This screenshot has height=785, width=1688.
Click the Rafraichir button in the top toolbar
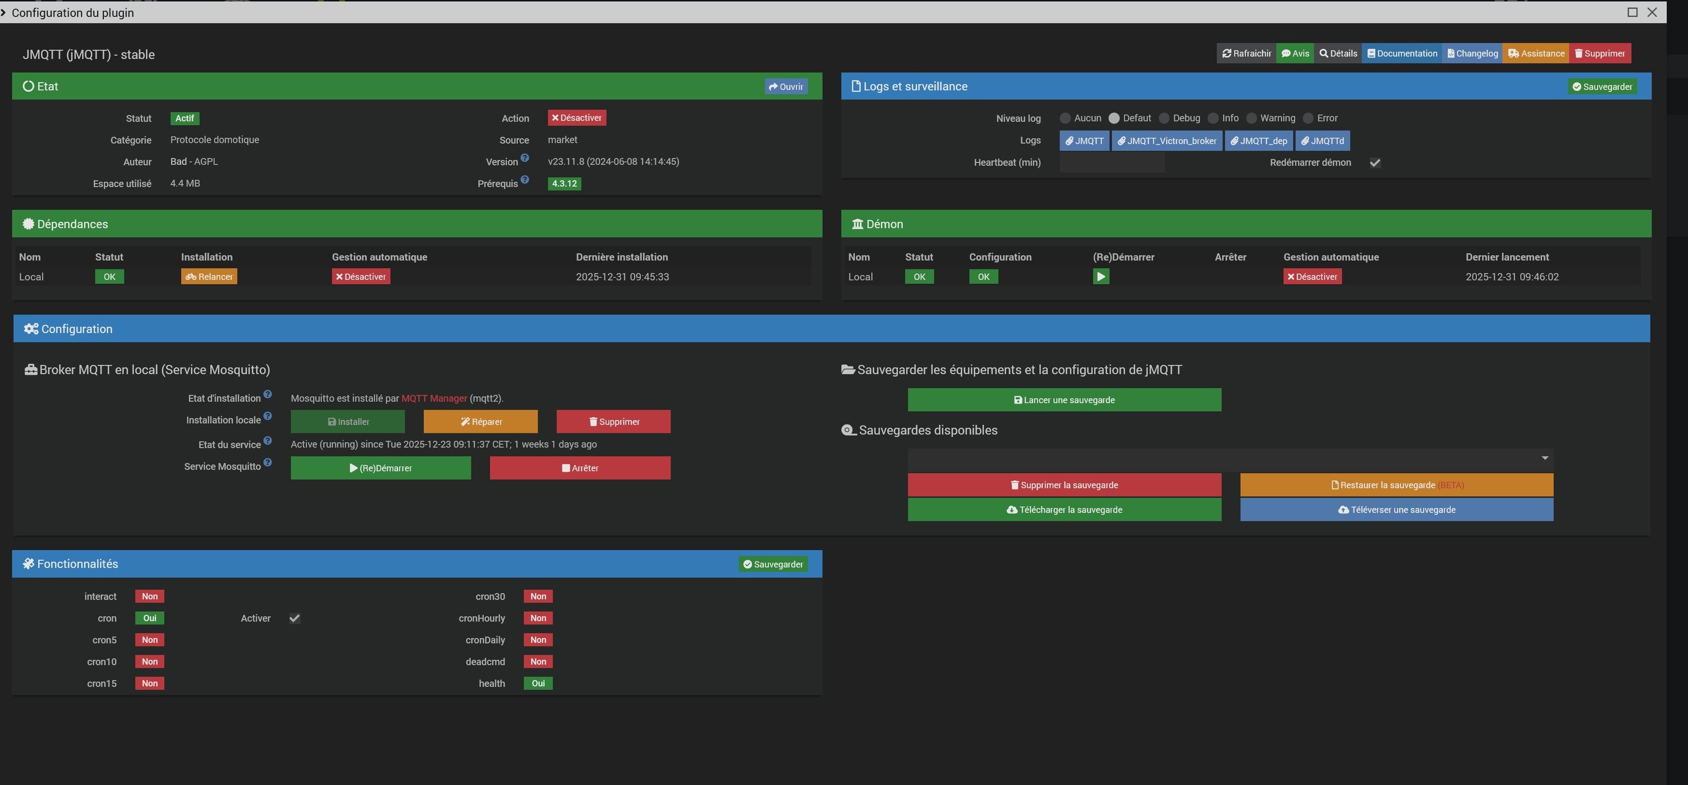(1246, 54)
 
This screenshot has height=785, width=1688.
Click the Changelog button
(1472, 54)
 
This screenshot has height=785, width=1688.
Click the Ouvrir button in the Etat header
(786, 87)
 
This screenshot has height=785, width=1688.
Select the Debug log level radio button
(1164, 118)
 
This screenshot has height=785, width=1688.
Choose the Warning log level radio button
(1252, 118)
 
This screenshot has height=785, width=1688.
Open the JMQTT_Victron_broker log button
(1167, 141)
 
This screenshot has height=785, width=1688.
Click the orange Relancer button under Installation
(209, 276)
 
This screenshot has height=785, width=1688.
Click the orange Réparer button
(480, 422)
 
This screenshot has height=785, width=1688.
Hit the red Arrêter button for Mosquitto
(580, 468)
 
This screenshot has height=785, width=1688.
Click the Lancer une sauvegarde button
(1064, 400)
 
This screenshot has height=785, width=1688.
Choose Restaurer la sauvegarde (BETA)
(1397, 485)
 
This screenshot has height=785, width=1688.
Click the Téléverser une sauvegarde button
(1397, 510)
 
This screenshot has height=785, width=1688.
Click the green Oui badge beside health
(538, 683)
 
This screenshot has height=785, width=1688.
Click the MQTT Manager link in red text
(434, 398)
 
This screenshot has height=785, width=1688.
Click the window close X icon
(1652, 13)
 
